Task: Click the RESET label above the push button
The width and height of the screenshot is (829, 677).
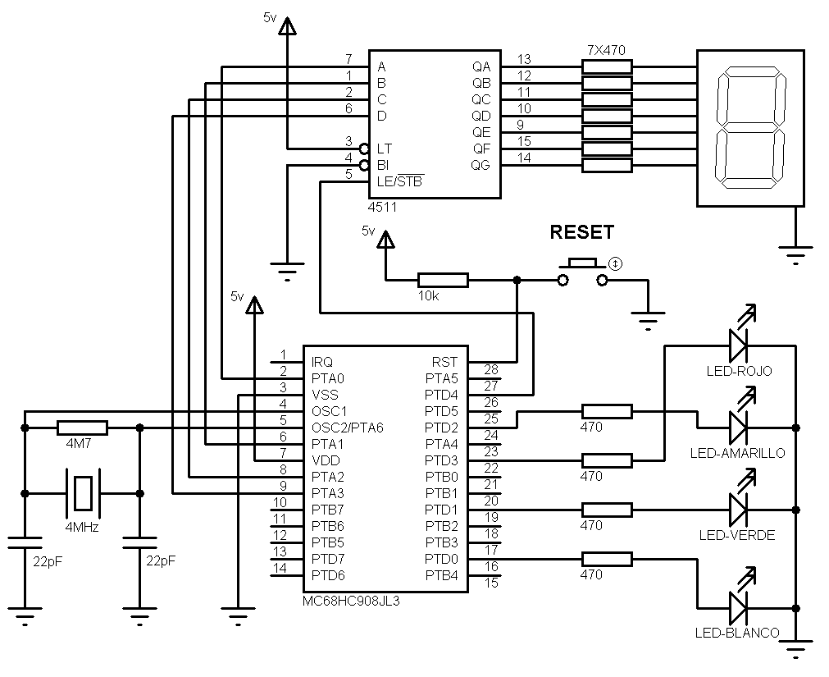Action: click(581, 232)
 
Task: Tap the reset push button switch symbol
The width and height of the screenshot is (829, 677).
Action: click(583, 274)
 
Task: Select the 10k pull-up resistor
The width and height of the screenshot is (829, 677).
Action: click(443, 281)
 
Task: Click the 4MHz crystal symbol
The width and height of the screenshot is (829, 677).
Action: click(82, 492)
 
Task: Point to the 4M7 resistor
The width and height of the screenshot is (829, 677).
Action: click(82, 428)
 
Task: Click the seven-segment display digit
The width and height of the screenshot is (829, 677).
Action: click(749, 128)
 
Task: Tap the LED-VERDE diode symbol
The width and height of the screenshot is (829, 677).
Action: click(738, 510)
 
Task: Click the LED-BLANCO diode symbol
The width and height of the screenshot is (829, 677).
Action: click(738, 608)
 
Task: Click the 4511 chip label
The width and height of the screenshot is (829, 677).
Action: click(382, 208)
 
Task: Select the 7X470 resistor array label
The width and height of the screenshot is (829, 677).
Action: click(607, 49)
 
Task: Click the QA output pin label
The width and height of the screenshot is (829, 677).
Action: click(481, 66)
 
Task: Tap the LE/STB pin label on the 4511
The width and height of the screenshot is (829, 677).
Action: click(400, 181)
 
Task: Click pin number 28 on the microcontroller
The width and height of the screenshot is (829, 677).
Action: click(490, 370)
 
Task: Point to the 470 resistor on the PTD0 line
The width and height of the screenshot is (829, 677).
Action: click(607, 559)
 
